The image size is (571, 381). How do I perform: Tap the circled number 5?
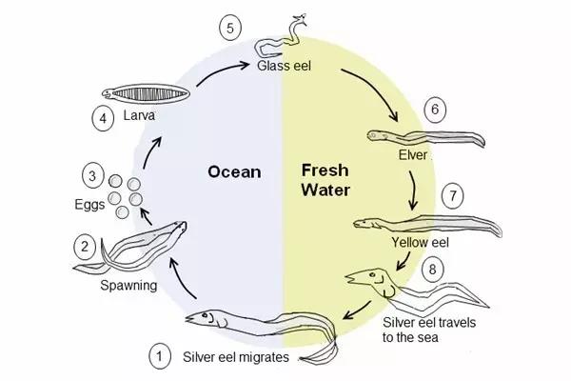point(229,26)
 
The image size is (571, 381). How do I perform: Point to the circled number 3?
point(91,175)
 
